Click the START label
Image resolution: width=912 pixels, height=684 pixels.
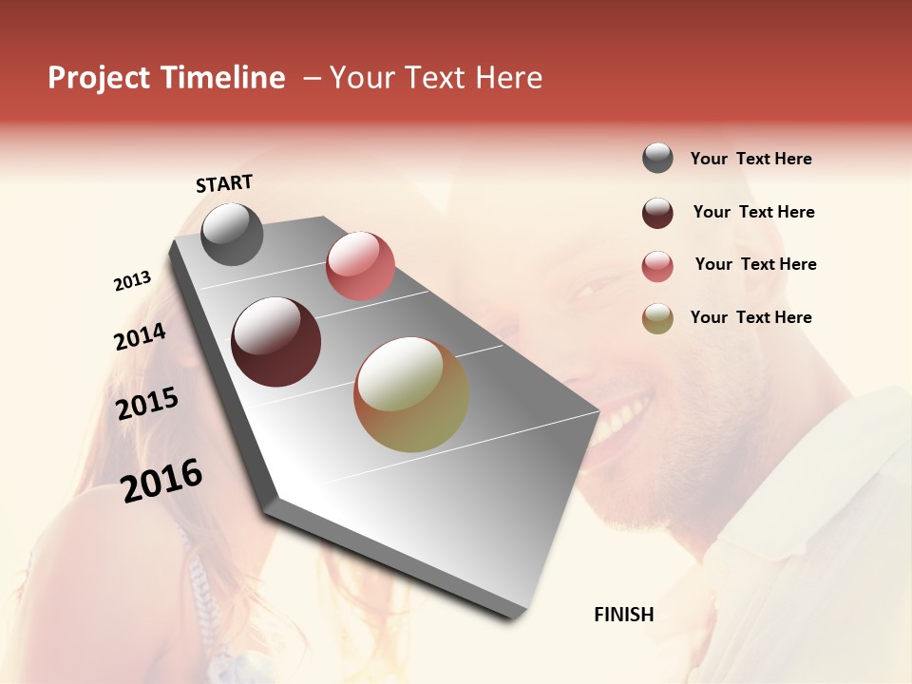tap(224, 183)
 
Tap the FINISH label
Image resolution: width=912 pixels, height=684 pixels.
tap(623, 615)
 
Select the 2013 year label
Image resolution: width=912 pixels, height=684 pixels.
tap(133, 281)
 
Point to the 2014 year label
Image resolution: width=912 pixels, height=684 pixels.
tap(140, 337)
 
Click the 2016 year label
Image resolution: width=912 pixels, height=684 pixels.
tap(161, 481)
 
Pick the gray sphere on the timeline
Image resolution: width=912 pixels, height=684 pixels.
tap(232, 234)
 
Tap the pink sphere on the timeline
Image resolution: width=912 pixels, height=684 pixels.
tap(360, 265)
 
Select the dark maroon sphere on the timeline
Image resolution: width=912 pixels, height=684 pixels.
tap(275, 342)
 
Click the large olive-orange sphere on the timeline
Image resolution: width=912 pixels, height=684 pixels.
tap(411, 394)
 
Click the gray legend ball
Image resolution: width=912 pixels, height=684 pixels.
tap(657, 159)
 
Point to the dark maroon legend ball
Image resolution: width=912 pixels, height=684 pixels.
tap(657, 213)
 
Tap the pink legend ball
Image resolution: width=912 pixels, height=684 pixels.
tap(657, 266)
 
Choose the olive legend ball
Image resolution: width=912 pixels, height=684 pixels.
tap(657, 319)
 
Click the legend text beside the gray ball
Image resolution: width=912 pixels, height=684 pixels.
tap(750, 160)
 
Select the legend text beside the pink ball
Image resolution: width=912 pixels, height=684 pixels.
tap(755, 264)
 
